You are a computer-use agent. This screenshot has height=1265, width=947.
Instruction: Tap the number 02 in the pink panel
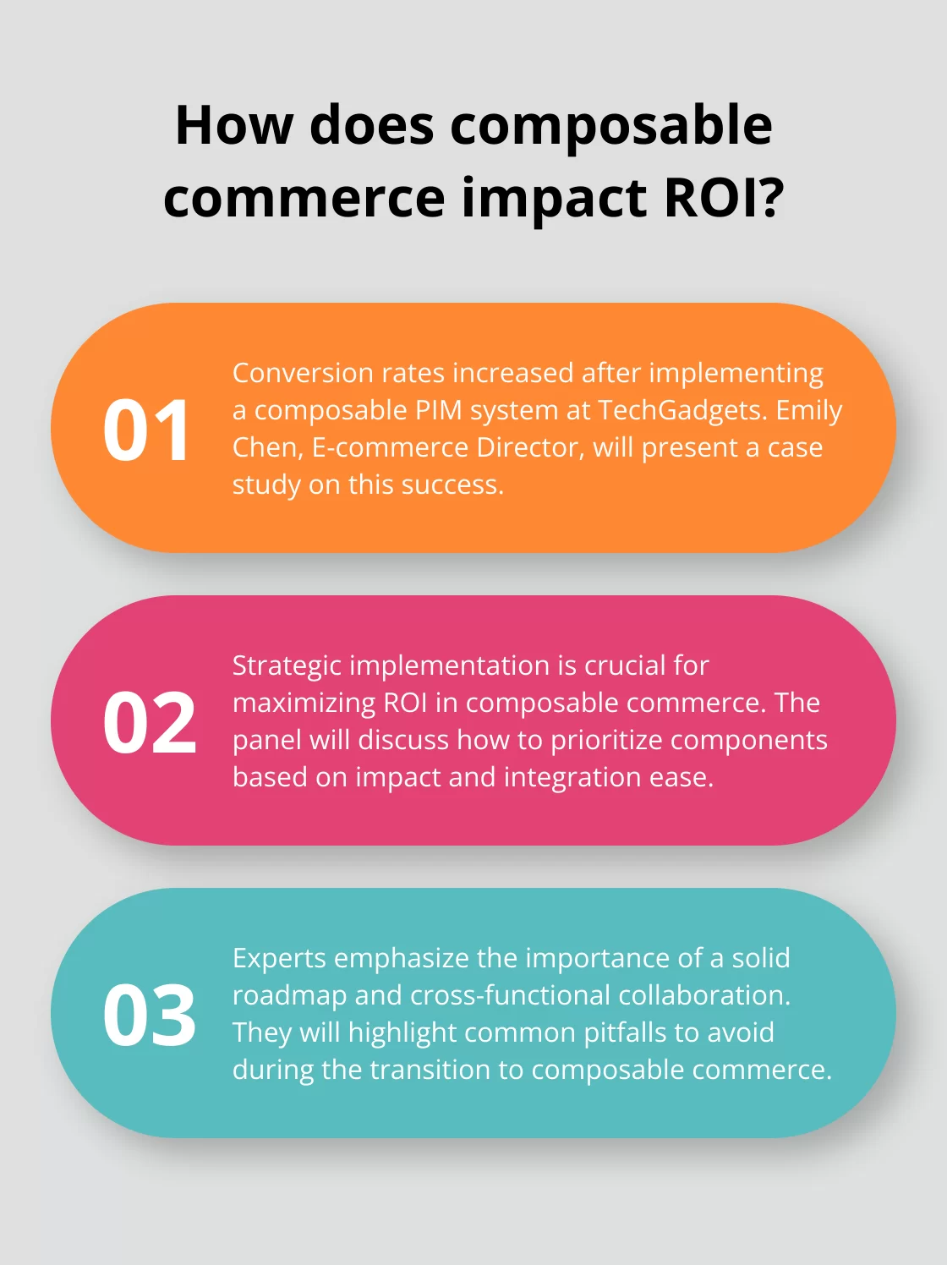pos(150,723)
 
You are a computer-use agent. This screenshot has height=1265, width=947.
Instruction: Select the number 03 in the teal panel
pos(150,1016)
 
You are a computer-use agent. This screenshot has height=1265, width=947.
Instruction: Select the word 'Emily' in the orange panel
pos(809,410)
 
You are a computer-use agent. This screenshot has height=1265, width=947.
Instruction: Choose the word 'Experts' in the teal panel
pos(279,958)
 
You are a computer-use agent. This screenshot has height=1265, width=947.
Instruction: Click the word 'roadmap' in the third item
pos(289,995)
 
